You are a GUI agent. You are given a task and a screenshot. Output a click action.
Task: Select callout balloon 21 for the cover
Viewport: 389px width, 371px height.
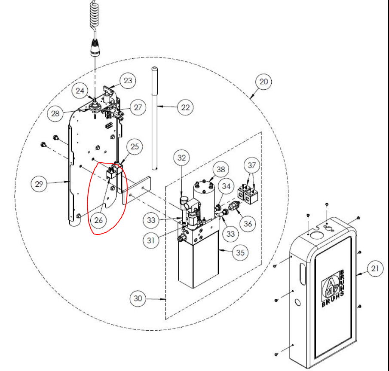(374, 270)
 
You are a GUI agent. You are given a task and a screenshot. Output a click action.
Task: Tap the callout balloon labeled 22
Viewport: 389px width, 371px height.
(185, 107)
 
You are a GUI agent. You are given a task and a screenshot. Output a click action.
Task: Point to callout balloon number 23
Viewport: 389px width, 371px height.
(128, 80)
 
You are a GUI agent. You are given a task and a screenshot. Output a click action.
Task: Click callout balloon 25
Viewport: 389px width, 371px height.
(135, 147)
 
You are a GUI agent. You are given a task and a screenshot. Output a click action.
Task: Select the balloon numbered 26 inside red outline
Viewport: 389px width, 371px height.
(98, 220)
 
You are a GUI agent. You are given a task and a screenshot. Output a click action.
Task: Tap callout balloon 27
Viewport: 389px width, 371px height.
(137, 107)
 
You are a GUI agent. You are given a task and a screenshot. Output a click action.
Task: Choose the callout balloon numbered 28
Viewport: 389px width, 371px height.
(55, 113)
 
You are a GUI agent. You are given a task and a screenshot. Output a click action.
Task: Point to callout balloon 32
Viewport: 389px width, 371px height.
(182, 158)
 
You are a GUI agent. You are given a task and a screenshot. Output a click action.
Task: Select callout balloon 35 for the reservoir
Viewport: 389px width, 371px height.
(240, 253)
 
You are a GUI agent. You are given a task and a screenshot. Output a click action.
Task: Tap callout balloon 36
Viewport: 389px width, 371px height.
(248, 223)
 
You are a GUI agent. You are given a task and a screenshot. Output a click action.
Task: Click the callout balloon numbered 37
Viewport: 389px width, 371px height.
(252, 166)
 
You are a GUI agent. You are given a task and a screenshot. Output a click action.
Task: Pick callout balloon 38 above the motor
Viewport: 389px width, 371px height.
(221, 169)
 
